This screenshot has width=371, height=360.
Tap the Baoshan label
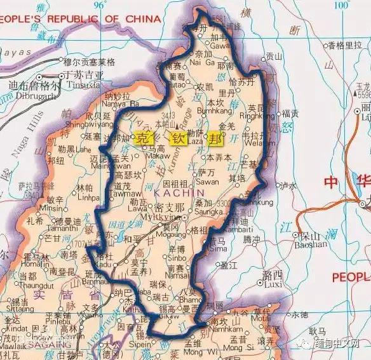tap(313, 243)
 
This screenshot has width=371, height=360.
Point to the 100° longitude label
tap(341, 6)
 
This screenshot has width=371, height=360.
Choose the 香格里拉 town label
tap(339, 46)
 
